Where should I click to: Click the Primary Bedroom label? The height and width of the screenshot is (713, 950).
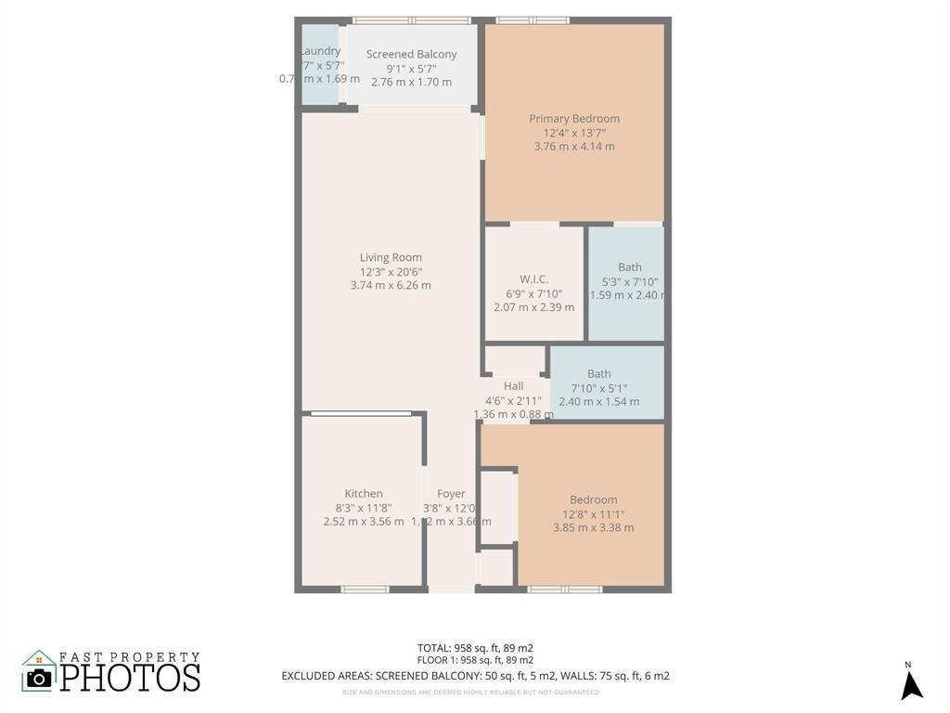(x=574, y=119)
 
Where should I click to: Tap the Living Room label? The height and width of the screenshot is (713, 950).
(x=391, y=258)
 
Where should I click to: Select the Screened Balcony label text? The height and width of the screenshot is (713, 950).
(x=411, y=55)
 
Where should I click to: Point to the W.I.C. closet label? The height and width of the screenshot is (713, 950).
(x=533, y=279)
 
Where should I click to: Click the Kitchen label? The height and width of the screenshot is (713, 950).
(x=364, y=494)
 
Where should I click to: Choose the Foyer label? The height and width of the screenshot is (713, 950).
(x=451, y=494)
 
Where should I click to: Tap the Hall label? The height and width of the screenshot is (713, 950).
(x=514, y=386)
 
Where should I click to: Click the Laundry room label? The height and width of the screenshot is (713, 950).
(x=321, y=51)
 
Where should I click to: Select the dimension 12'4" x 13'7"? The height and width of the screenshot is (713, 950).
(x=574, y=133)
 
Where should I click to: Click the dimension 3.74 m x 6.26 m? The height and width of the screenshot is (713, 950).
(x=391, y=286)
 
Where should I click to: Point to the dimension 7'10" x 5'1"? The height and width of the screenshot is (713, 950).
(x=598, y=388)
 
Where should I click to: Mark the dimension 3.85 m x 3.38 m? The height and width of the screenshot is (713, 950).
(x=593, y=528)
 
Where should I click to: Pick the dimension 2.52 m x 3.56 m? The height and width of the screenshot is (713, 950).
(x=364, y=522)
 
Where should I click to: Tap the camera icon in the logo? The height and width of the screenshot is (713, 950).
(x=39, y=677)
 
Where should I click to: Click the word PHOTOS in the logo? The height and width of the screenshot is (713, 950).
(x=130, y=677)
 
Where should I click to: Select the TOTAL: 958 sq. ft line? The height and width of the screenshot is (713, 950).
(x=475, y=648)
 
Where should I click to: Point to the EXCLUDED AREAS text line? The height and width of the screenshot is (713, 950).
(x=475, y=676)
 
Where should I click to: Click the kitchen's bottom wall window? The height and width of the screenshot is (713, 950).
(x=365, y=589)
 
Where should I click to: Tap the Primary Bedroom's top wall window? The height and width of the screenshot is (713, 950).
(x=533, y=20)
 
